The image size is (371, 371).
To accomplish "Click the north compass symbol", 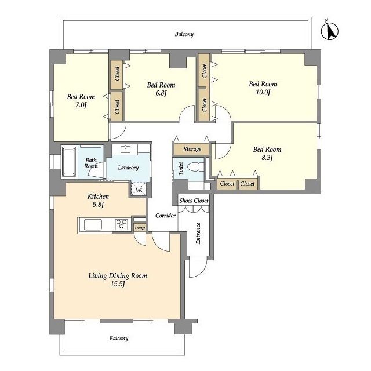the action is [x=330, y=31].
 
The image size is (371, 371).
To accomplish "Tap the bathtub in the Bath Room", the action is [x=68, y=162].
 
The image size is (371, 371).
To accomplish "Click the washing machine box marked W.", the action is [x=139, y=189].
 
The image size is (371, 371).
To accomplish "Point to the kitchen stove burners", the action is [x=121, y=224].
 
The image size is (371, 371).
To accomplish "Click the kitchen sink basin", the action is [x=93, y=224].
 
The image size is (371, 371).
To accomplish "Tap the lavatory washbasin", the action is [x=125, y=150].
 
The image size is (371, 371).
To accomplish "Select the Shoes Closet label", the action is [x=194, y=201].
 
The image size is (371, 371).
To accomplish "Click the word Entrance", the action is [x=198, y=233].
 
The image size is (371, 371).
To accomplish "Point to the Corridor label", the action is [x=165, y=216].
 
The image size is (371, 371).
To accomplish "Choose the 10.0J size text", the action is [x=263, y=92].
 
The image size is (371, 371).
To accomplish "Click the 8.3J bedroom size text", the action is [x=267, y=157].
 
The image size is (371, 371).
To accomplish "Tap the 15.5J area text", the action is [x=118, y=283].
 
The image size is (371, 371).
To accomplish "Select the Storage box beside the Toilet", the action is [x=192, y=149].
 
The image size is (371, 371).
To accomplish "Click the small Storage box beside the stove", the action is [x=140, y=228].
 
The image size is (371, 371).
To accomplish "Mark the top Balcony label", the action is [x=184, y=34].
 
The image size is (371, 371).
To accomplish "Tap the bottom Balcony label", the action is [x=119, y=339].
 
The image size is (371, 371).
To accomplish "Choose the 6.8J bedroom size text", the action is [x=161, y=93].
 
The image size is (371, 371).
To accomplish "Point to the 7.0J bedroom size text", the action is [x=81, y=104].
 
